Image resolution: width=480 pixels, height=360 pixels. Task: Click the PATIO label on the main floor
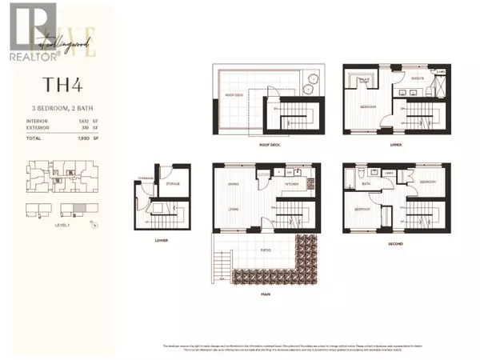pos(265,250)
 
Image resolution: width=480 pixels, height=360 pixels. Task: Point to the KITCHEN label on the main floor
pos(290,183)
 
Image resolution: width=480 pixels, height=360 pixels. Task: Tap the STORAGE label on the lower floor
pos(173,184)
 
